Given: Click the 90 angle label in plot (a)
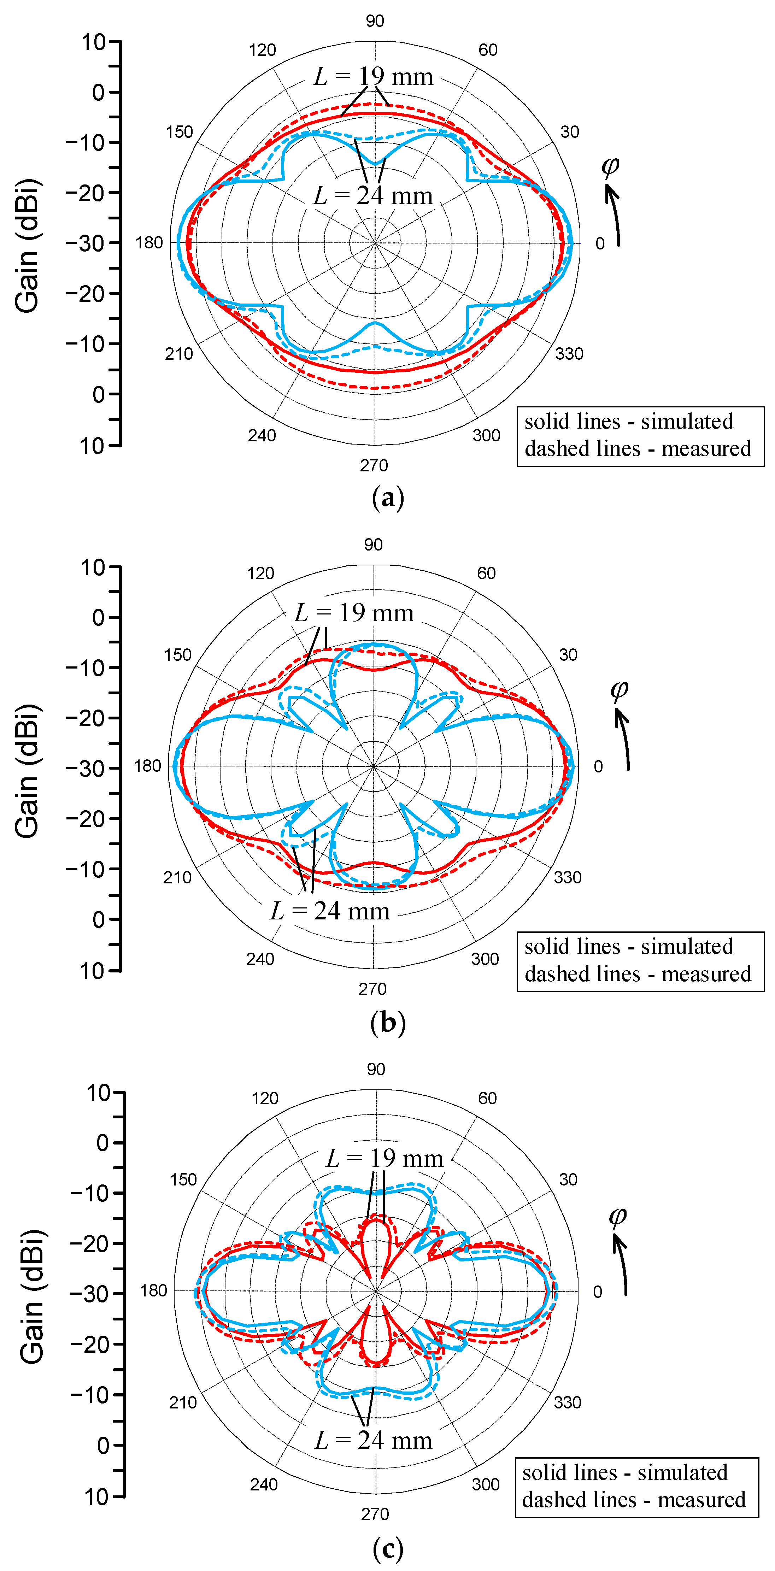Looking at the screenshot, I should tap(375, 21).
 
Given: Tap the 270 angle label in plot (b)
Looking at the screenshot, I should tap(372, 989).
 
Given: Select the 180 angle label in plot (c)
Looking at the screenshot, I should tap(153, 1291).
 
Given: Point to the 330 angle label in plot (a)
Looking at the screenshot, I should tap(569, 354).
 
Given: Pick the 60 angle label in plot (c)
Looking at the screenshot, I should tap(487, 1098).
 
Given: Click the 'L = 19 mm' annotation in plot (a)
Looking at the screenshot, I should tap(373, 77).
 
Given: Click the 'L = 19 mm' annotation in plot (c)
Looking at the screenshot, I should tap(385, 1158).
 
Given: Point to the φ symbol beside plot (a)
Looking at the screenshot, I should tap(610, 165).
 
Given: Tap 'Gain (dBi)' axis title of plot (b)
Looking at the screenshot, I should tap(28, 771).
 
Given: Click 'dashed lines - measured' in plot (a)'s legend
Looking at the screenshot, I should tap(638, 449).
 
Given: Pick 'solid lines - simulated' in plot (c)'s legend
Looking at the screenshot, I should tap(625, 1472).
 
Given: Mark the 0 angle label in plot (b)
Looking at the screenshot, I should tap(598, 766).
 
